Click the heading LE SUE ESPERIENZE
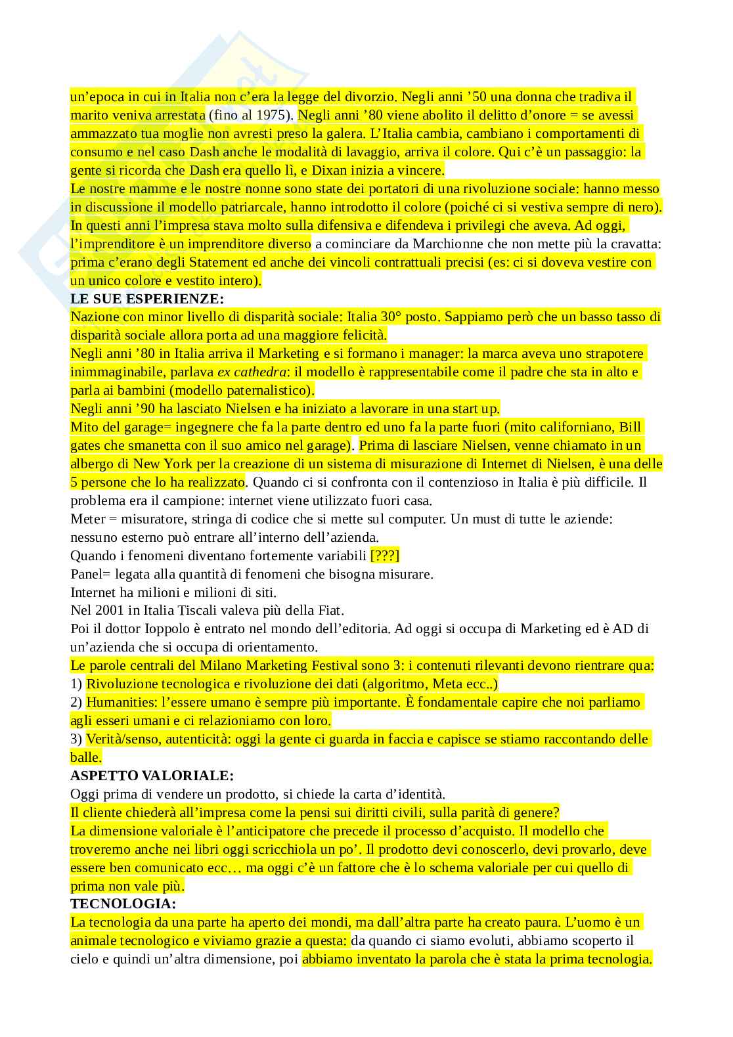147,299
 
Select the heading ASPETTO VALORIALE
152,776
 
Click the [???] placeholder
385,556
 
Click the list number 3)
77,739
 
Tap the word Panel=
90,574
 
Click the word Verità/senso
123,739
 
